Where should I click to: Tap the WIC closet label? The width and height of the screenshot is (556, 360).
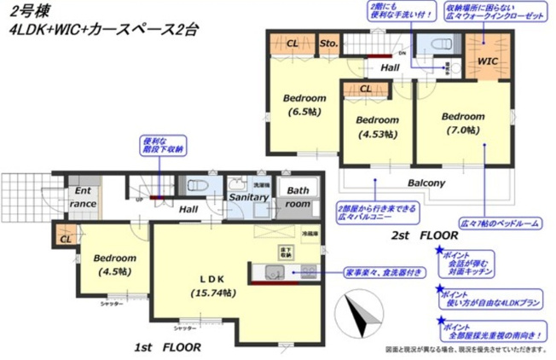[x=487, y=61]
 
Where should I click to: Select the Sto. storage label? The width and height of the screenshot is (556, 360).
[x=328, y=43]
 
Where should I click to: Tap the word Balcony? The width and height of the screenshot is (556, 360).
[x=424, y=183]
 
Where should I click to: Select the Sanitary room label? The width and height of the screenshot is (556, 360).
[x=248, y=197]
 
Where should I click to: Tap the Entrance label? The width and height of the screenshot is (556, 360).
[x=83, y=198]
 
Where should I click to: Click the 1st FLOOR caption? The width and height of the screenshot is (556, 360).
[x=168, y=347]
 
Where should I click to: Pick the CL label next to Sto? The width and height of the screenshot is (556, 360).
[x=292, y=43]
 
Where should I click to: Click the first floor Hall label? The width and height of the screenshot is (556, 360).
[x=188, y=207]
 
